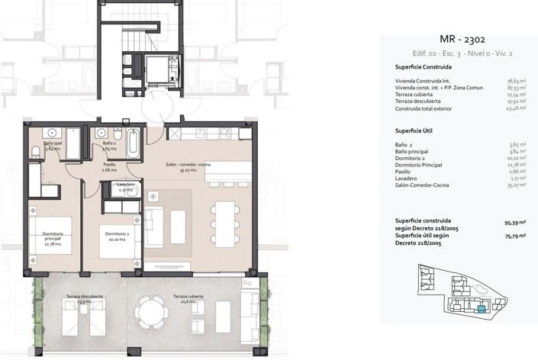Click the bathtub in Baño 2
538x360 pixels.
[x=133, y=142]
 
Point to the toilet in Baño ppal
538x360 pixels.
[x=36, y=150]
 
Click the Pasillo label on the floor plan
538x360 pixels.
[x=110, y=166]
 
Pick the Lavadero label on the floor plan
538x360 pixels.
[x=126, y=186]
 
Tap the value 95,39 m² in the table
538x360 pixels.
[x=514, y=224]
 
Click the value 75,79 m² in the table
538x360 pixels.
[x=514, y=237]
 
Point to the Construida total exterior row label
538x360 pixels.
[x=423, y=109]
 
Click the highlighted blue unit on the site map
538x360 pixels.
[x=481, y=310]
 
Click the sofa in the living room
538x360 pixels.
[x=153, y=227]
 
